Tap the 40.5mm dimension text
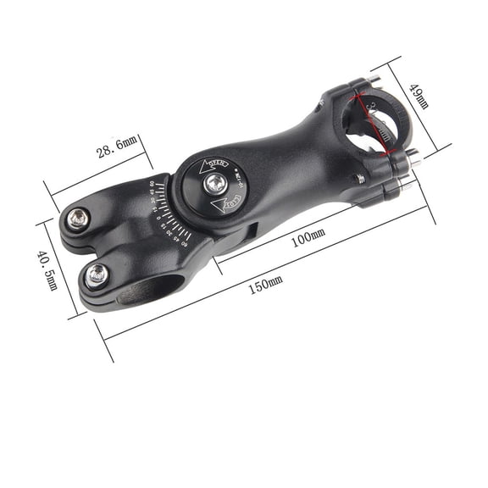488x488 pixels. (48, 269)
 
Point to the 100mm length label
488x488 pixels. (308, 240)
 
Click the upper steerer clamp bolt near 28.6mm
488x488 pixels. (79, 219)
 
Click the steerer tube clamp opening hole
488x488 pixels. (144, 290)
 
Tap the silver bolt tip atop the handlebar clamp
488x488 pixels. (374, 82)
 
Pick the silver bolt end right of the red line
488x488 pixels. (413, 156)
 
